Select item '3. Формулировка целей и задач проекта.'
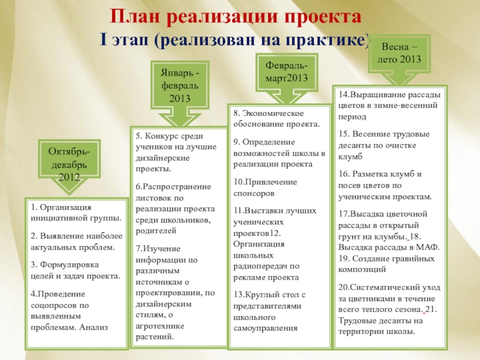pyautogui.click(x=75, y=269)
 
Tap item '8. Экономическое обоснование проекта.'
pyautogui.click(x=277, y=118)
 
